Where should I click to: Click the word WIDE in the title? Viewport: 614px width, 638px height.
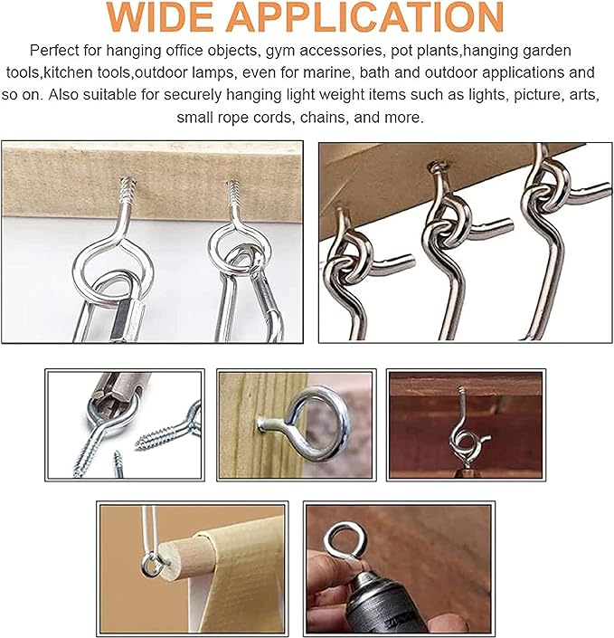pyautogui.click(x=159, y=17)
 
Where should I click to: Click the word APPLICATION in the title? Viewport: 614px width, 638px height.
pyautogui.click(x=364, y=17)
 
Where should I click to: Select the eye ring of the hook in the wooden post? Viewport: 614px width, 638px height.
pyautogui.click(x=320, y=424)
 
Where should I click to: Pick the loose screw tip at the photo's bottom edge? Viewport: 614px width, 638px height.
pyautogui.click(x=118, y=464)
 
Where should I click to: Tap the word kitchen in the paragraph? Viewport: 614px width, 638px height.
pyautogui.click(x=69, y=72)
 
